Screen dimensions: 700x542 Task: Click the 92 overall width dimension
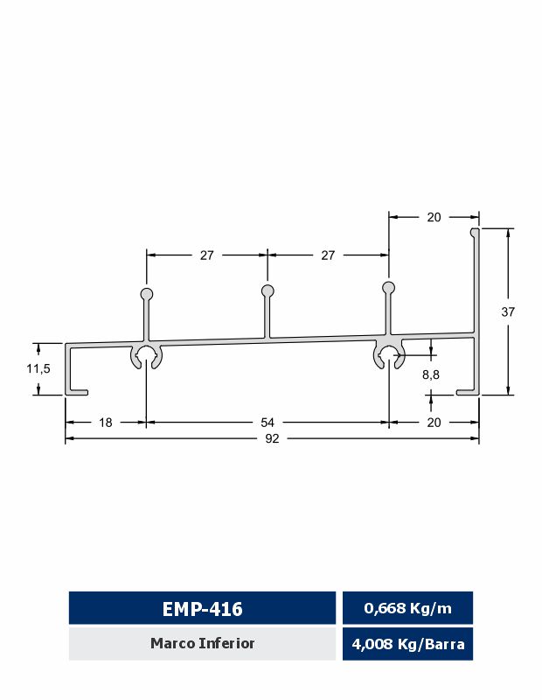tap(272, 439)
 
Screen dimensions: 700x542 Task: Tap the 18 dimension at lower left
tap(105, 423)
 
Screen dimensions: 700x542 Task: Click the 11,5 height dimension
tap(38, 369)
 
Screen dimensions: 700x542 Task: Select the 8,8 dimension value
tap(431, 374)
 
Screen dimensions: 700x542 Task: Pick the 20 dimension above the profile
tap(434, 218)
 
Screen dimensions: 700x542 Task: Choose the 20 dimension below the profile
tap(434, 423)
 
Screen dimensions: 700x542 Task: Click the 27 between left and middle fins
tap(206, 255)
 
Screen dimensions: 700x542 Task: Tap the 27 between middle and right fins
tap(328, 255)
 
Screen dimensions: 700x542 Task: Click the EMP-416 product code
tap(202, 608)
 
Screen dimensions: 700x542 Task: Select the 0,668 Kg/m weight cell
tap(407, 608)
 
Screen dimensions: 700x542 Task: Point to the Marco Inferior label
tap(202, 644)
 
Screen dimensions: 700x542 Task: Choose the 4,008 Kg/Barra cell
tap(407, 645)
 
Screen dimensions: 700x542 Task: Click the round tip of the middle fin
tap(268, 290)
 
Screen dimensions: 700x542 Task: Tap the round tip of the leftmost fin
tap(146, 294)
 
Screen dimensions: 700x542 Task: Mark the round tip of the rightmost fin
tap(388, 287)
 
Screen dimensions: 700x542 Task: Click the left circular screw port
tap(146, 356)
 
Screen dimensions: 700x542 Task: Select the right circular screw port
tap(388, 353)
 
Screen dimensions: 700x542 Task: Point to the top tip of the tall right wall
tap(475, 232)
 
